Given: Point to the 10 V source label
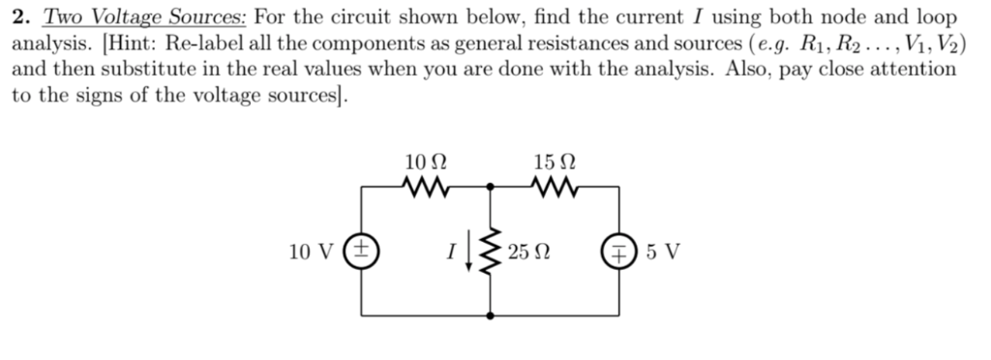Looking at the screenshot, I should tap(312, 253).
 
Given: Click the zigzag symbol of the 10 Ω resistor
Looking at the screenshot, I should tap(427, 184).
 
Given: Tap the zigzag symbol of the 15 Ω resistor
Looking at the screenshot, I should tap(555, 184).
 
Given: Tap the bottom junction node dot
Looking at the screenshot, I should tap(491, 316).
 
